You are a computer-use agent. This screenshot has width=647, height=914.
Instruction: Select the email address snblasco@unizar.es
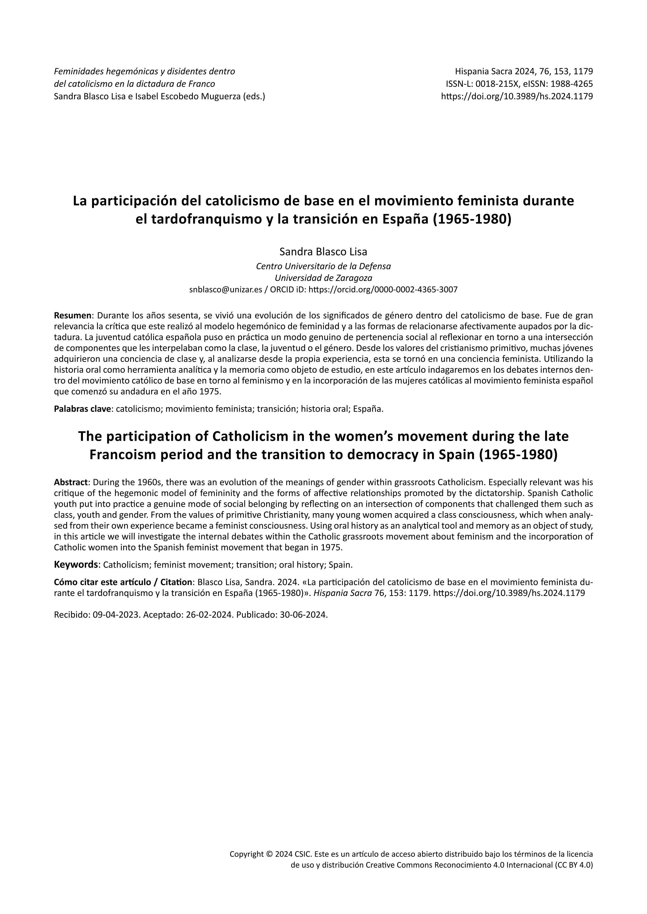225,290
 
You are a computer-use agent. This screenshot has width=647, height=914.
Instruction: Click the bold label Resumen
73,316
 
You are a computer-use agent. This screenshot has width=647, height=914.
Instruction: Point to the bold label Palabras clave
82,409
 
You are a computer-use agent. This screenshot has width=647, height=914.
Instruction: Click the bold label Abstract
70,482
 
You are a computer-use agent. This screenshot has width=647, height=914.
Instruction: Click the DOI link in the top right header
517,96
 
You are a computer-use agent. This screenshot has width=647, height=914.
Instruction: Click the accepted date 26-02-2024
209,615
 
